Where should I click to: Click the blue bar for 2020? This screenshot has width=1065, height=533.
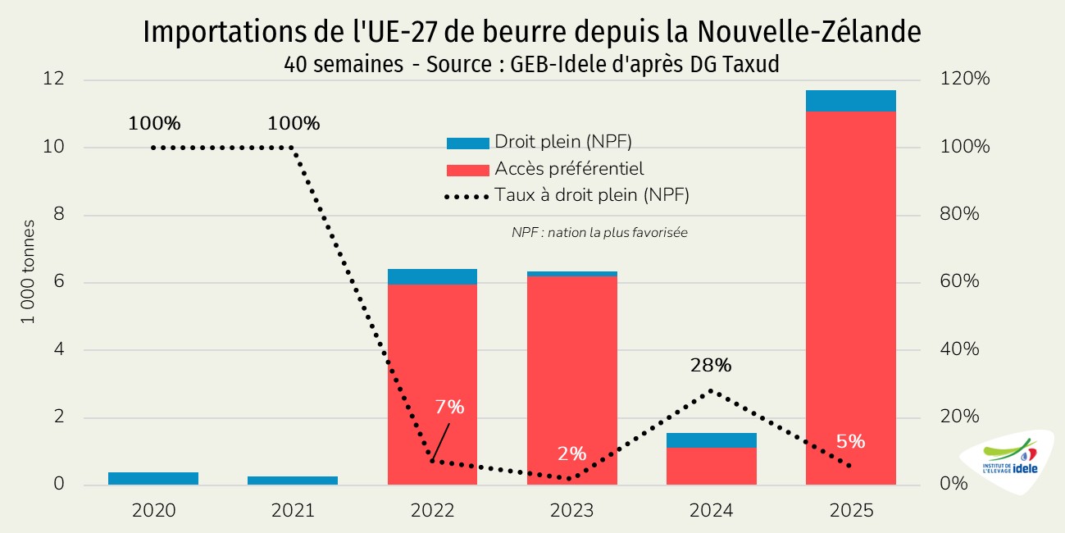click(x=153, y=479)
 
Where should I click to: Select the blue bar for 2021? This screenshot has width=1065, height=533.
click(x=293, y=481)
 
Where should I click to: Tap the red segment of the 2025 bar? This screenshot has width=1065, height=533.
click(x=850, y=295)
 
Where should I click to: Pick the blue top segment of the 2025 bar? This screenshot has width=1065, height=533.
click(x=850, y=101)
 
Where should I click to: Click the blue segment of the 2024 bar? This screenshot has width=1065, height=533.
click(x=711, y=440)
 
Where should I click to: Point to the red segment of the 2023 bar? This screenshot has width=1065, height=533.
click(x=571, y=377)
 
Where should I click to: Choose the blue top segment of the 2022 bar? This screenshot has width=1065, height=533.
click(x=432, y=276)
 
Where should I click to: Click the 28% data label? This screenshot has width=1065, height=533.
click(x=711, y=366)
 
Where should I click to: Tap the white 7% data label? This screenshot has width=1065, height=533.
click(x=449, y=407)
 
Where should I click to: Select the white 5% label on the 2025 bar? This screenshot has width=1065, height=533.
click(x=850, y=441)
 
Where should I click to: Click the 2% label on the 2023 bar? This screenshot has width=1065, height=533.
click(x=571, y=453)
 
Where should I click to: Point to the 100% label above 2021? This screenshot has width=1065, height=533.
click(x=294, y=124)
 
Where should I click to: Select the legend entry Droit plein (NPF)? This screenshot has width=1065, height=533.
click(x=562, y=143)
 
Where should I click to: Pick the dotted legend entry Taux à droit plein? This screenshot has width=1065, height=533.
click(x=590, y=195)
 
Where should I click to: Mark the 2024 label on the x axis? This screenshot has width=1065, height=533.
click(x=711, y=511)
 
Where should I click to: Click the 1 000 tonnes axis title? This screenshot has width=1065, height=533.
click(x=29, y=271)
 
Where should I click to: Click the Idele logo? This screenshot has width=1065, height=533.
click(x=1008, y=462)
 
